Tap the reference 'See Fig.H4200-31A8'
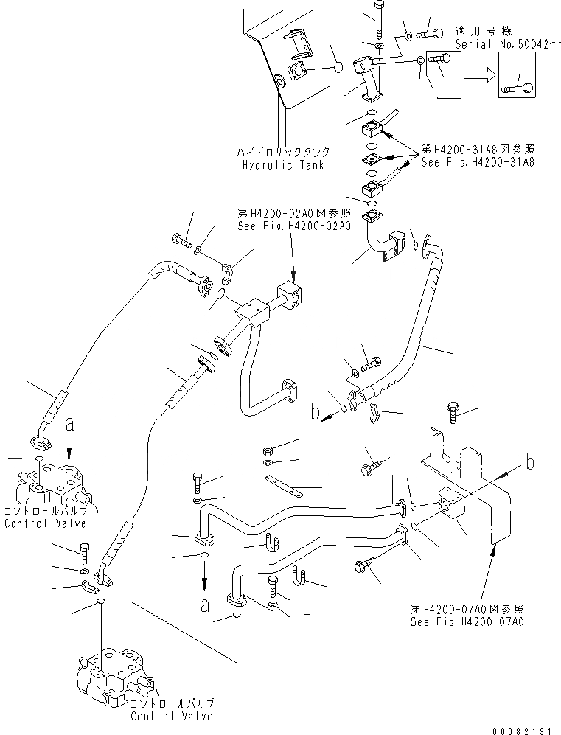pos(478,162)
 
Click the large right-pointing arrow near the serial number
pos(478,75)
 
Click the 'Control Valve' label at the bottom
pos(171,715)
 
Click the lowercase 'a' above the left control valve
pos(69,424)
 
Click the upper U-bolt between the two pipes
pos(272,541)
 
